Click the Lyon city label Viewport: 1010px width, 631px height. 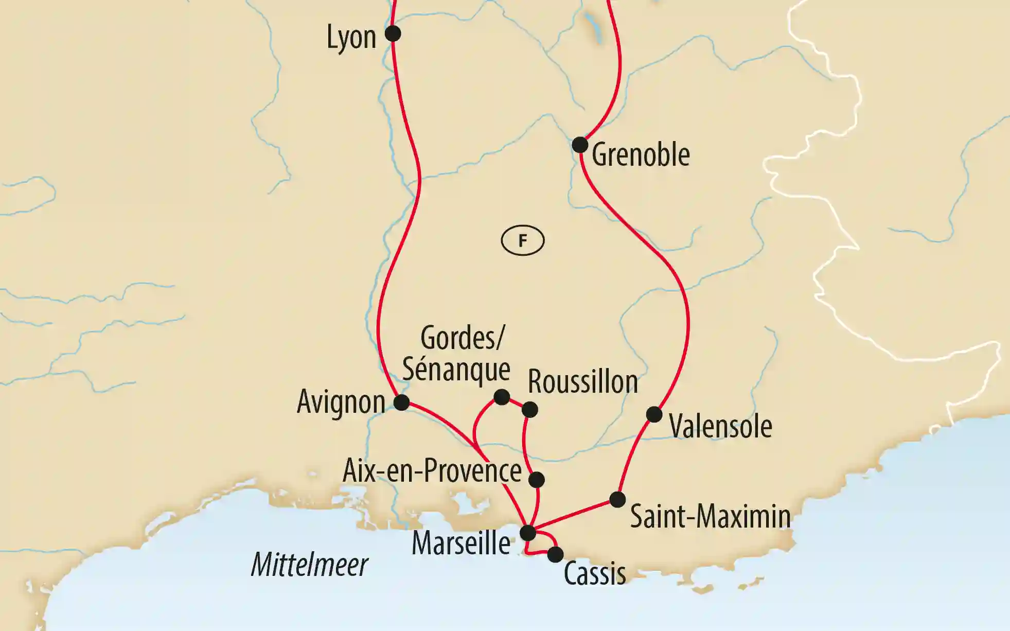pyautogui.click(x=351, y=38)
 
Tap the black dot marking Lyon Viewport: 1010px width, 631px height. pyautogui.click(x=393, y=34)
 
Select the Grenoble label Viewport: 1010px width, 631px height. pyautogui.click(x=641, y=154)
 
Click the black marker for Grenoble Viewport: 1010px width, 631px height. pyautogui.click(x=580, y=145)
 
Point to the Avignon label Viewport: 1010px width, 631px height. pyautogui.click(x=341, y=402)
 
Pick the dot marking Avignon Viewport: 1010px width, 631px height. pyautogui.click(x=401, y=402)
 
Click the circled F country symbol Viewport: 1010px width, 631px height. pyautogui.click(x=523, y=240)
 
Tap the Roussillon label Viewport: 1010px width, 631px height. pyautogui.click(x=583, y=382)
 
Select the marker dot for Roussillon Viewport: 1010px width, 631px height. pyautogui.click(x=530, y=410)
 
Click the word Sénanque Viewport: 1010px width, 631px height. pyautogui.click(x=456, y=369)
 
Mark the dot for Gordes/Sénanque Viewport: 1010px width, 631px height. pyautogui.click(x=502, y=397)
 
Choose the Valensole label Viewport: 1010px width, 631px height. pyautogui.click(x=720, y=426)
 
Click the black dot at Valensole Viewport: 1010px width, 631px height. pyautogui.click(x=654, y=414)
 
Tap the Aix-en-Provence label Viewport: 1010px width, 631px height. pyautogui.click(x=432, y=470)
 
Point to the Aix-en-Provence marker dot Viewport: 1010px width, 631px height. pyautogui.click(x=537, y=479)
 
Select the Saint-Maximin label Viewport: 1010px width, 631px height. pyautogui.click(x=710, y=516)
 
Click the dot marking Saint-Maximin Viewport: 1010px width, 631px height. pyautogui.click(x=617, y=499)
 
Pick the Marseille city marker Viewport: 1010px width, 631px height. pyautogui.click(x=528, y=533)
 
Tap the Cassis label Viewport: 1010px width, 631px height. pyautogui.click(x=595, y=573)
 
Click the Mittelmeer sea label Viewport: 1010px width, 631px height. pyautogui.click(x=310, y=565)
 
